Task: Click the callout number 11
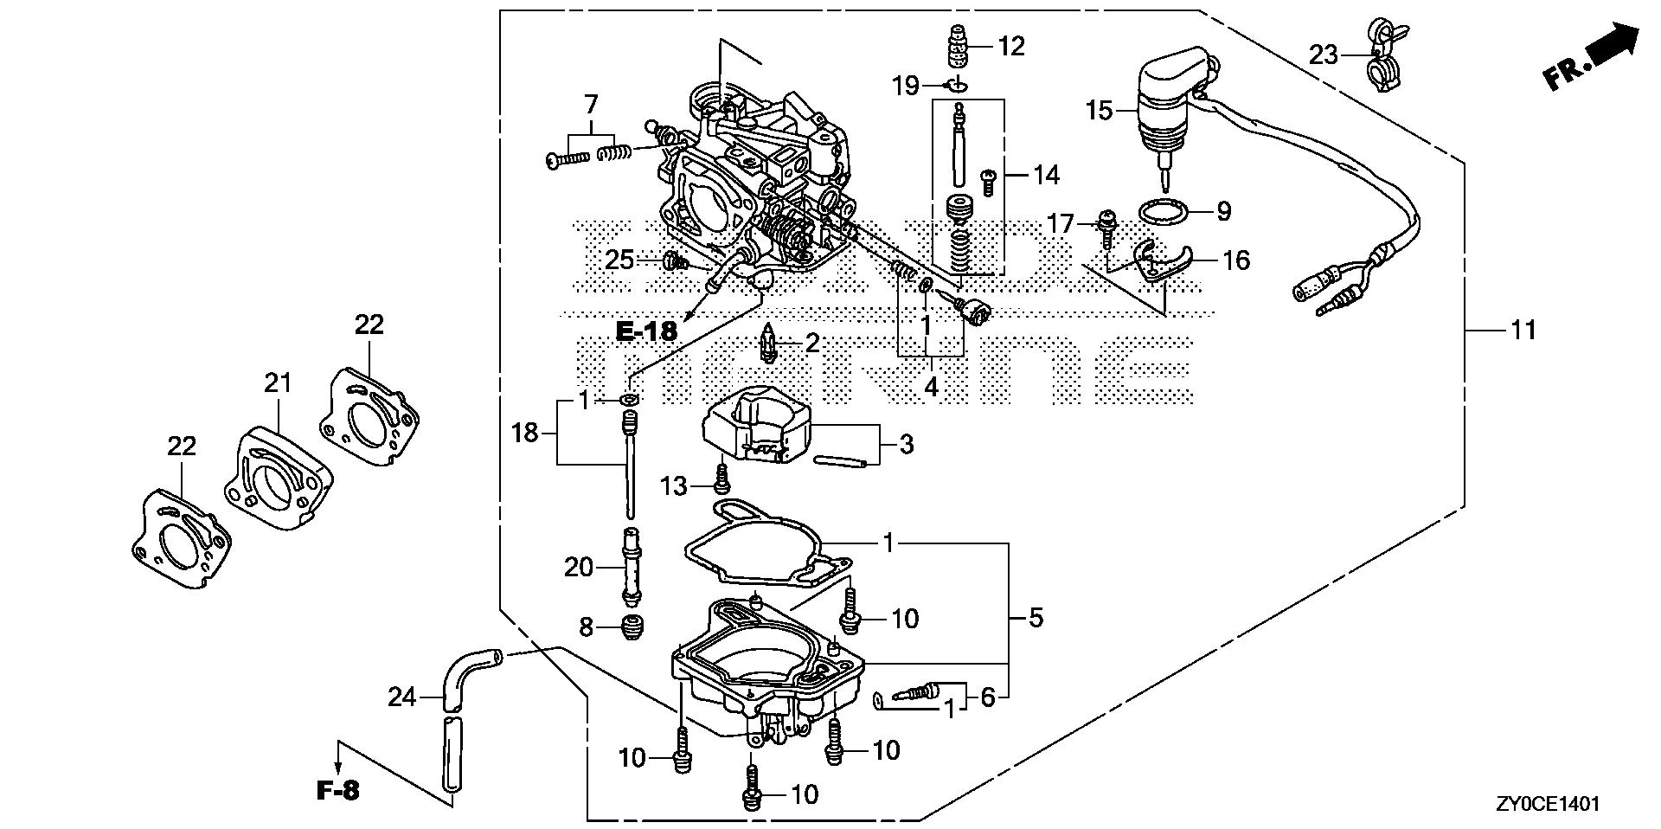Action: click(x=1523, y=331)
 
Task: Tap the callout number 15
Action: click(x=1099, y=111)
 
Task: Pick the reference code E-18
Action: click(x=647, y=331)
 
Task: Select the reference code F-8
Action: click(x=337, y=791)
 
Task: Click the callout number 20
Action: click(x=578, y=568)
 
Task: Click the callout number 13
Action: click(x=674, y=487)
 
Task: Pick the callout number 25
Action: click(x=620, y=260)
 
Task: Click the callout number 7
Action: click(x=591, y=106)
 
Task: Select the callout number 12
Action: click(x=1011, y=47)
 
